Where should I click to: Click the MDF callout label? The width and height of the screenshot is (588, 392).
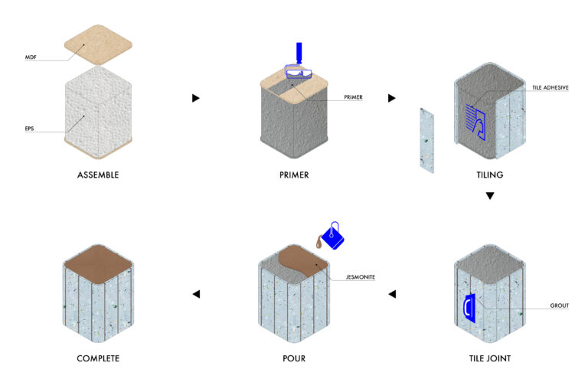click(31, 57)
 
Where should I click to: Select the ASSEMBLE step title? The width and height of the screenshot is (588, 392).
click(98, 175)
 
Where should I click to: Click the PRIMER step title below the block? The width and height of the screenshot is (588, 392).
click(294, 175)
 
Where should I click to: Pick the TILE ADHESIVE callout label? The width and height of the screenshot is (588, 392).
click(550, 89)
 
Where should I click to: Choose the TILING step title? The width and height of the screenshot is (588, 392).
click(490, 175)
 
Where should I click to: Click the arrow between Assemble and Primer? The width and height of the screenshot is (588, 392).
click(196, 98)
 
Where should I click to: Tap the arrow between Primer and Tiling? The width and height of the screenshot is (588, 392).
click(392, 98)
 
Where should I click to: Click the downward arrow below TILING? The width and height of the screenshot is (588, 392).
click(490, 196)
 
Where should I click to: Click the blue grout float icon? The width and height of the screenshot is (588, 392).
click(470, 306)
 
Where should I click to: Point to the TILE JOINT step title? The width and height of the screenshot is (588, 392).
click(490, 358)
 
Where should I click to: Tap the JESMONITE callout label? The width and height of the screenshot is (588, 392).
click(360, 277)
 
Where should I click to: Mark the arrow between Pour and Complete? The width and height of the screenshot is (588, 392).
click(196, 294)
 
